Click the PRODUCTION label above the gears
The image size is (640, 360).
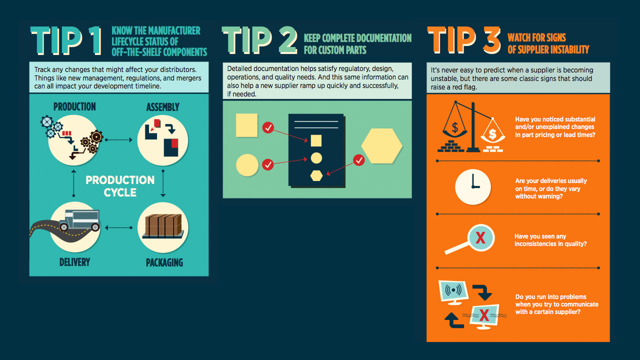(74, 106)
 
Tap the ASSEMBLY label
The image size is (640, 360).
(163, 107)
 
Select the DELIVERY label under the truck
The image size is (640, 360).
(74, 262)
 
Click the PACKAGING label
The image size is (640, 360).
(164, 262)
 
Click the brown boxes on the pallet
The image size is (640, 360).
(163, 225)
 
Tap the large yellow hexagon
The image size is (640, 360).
(381, 146)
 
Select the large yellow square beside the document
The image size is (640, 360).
(247, 125)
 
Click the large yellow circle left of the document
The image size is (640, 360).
(247, 165)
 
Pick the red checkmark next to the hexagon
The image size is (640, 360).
(359, 160)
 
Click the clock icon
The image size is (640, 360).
(473, 187)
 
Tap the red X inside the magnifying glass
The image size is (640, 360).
(480, 237)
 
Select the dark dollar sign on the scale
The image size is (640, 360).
(455, 127)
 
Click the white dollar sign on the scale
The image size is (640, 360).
(492, 134)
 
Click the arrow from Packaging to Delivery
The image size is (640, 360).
(118, 227)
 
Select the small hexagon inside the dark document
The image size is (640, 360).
(316, 175)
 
